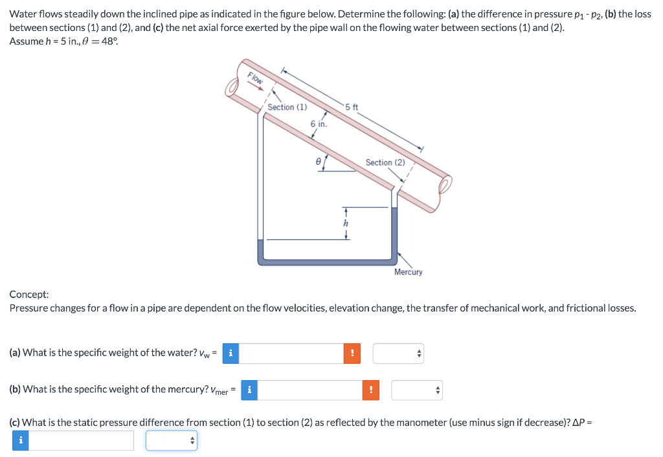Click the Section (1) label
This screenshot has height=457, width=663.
[287, 107]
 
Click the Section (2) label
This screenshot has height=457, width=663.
[385, 162]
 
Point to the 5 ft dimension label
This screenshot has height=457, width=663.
[352, 107]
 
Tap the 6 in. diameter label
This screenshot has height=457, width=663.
[319, 123]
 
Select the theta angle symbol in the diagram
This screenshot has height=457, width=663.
[318, 164]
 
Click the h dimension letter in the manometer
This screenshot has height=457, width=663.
[346, 222]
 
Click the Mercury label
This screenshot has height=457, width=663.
[408, 272]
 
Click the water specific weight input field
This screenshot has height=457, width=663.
[291, 353]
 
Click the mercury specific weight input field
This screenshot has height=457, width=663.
[309, 390]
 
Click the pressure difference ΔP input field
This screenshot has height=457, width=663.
[82, 440]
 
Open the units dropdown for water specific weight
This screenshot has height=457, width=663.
[398, 353]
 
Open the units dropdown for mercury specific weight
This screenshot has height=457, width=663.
[416, 390]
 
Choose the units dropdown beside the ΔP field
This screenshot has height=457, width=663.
[171, 440]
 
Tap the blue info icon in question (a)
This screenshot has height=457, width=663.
[230, 353]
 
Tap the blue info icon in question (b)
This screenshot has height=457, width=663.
[249, 390]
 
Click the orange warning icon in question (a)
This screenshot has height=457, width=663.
[352, 353]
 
